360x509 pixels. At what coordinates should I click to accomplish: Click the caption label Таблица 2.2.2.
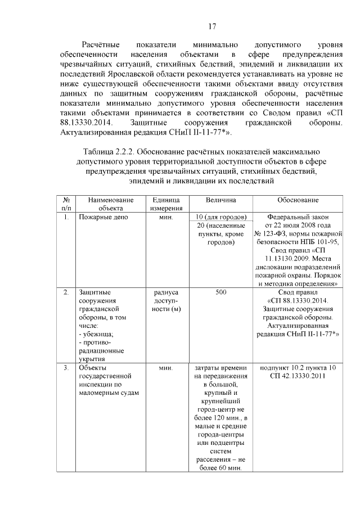[109, 152]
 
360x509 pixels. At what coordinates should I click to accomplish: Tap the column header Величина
[220, 200]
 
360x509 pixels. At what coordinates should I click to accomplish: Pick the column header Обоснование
[298, 200]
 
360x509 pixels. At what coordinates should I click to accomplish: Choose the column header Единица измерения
[165, 204]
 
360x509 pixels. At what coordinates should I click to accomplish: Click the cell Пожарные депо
[104, 217]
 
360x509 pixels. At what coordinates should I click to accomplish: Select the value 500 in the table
[220, 292]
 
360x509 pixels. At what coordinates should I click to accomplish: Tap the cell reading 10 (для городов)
[220, 217]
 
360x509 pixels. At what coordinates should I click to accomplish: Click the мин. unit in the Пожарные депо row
[165, 217]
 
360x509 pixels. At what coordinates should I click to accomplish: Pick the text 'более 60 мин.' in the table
[220, 469]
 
